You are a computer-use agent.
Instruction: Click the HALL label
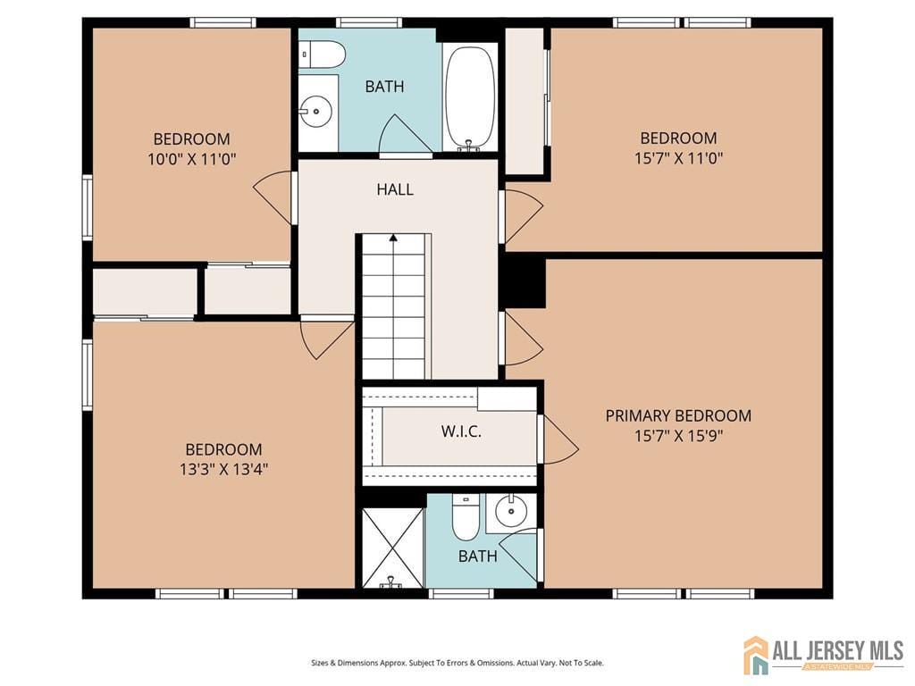[x=395, y=189]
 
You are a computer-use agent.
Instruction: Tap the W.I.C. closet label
[x=461, y=431]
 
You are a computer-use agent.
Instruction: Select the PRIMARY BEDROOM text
[x=678, y=415]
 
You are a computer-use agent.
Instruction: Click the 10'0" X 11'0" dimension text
[x=192, y=159]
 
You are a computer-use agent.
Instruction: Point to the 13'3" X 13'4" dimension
[x=224, y=470]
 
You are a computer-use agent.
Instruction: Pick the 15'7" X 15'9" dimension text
[x=678, y=436]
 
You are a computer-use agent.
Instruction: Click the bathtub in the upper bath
[x=470, y=96]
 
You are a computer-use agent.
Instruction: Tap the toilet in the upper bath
[x=323, y=54]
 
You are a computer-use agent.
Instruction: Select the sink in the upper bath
[x=316, y=113]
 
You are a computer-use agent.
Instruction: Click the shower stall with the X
[x=392, y=547]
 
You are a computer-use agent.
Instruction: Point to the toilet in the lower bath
[x=465, y=520]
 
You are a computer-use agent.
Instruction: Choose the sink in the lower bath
[x=511, y=512]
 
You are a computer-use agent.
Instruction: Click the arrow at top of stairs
[x=393, y=238]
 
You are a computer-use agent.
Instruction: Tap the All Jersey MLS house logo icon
[x=756, y=655]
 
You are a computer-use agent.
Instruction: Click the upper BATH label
[x=384, y=87]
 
